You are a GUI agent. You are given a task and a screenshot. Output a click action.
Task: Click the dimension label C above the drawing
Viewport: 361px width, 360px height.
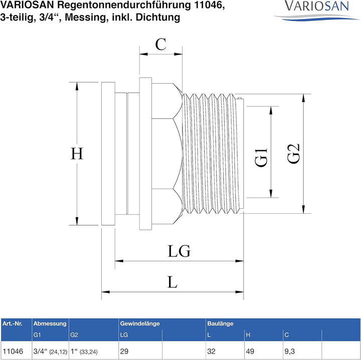click(x=160, y=45)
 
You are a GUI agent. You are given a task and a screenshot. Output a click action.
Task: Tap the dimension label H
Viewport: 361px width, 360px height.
click(x=76, y=154)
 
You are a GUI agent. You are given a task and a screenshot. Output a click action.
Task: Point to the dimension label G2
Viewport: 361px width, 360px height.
click(x=293, y=154)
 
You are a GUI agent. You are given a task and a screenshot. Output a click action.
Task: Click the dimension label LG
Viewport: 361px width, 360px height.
click(x=179, y=251)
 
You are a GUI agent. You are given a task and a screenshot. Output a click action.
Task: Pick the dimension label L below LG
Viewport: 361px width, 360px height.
click(x=172, y=282)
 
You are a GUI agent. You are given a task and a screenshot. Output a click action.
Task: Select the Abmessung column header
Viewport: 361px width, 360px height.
click(x=50, y=323)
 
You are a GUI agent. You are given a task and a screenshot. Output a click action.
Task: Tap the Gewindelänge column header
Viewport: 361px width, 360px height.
click(x=139, y=323)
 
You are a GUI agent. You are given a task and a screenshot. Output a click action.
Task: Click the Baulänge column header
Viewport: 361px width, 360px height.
click(x=220, y=323)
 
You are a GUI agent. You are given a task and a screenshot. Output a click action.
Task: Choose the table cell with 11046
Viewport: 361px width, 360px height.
click(x=13, y=351)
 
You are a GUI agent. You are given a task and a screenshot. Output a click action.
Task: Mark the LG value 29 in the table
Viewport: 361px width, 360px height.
click(x=124, y=351)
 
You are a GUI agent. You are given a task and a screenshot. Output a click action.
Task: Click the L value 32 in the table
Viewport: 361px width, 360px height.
click(x=211, y=351)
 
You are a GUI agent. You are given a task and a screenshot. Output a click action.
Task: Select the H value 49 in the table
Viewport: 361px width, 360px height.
click(x=249, y=351)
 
